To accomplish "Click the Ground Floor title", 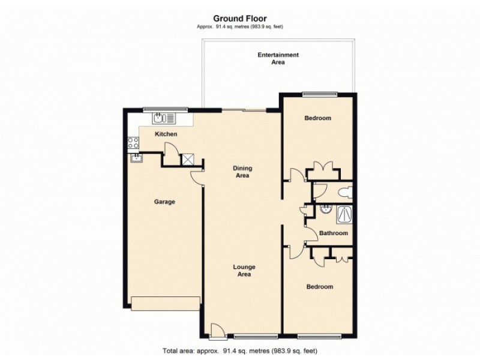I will tap(240, 19).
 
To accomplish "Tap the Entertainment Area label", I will tap(278, 58).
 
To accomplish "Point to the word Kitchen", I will tap(166, 134).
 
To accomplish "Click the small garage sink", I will tap(136, 158).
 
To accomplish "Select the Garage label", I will tap(164, 202).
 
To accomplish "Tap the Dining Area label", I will tap(241, 172).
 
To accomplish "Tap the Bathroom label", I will tap(333, 233).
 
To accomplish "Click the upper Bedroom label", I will tap(317, 118).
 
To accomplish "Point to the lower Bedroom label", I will tap(319, 287).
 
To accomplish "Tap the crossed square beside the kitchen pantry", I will tap(188, 158).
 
